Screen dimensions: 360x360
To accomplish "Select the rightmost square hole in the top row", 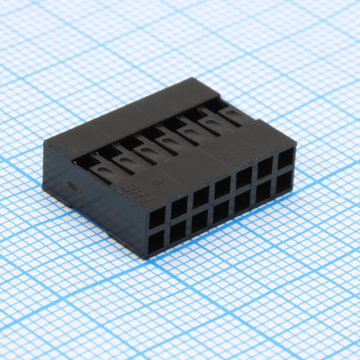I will [x=285, y=161].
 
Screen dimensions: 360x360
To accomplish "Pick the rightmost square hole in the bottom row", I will [x=286, y=183].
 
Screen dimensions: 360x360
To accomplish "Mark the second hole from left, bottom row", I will [x=178, y=229].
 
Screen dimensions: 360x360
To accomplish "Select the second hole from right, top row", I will [x=265, y=169].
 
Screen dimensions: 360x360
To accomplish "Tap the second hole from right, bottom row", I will [x=265, y=192].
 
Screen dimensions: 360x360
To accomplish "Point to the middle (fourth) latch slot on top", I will [x=161, y=139].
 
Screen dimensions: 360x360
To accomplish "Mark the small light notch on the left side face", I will [x=75, y=187].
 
